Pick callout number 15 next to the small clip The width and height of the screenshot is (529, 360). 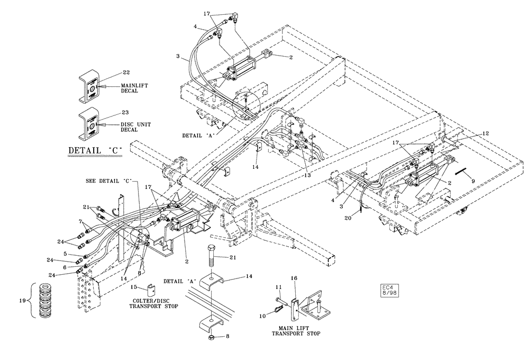(x=134, y=287)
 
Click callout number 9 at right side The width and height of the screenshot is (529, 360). (x=472, y=181)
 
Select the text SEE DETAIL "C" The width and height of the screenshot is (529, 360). (x=108, y=181)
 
